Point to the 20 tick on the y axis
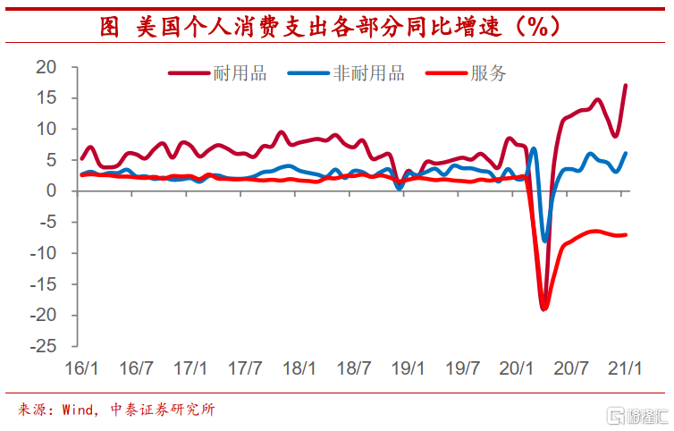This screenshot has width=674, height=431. (x=46, y=67)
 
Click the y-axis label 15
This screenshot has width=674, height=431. (x=46, y=98)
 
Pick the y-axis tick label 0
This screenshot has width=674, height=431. (x=51, y=191)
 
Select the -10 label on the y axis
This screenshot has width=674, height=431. (x=41, y=253)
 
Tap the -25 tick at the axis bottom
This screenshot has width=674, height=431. (x=41, y=346)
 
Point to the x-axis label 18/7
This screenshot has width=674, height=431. (x=354, y=368)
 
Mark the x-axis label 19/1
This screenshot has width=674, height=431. (x=409, y=368)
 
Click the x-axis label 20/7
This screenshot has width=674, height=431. (x=572, y=368)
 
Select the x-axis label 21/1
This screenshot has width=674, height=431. (x=626, y=368)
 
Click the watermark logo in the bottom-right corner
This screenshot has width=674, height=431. (x=636, y=416)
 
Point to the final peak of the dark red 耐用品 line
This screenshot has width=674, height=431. (x=626, y=85)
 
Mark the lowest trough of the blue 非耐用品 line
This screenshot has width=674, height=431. (x=545, y=241)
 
